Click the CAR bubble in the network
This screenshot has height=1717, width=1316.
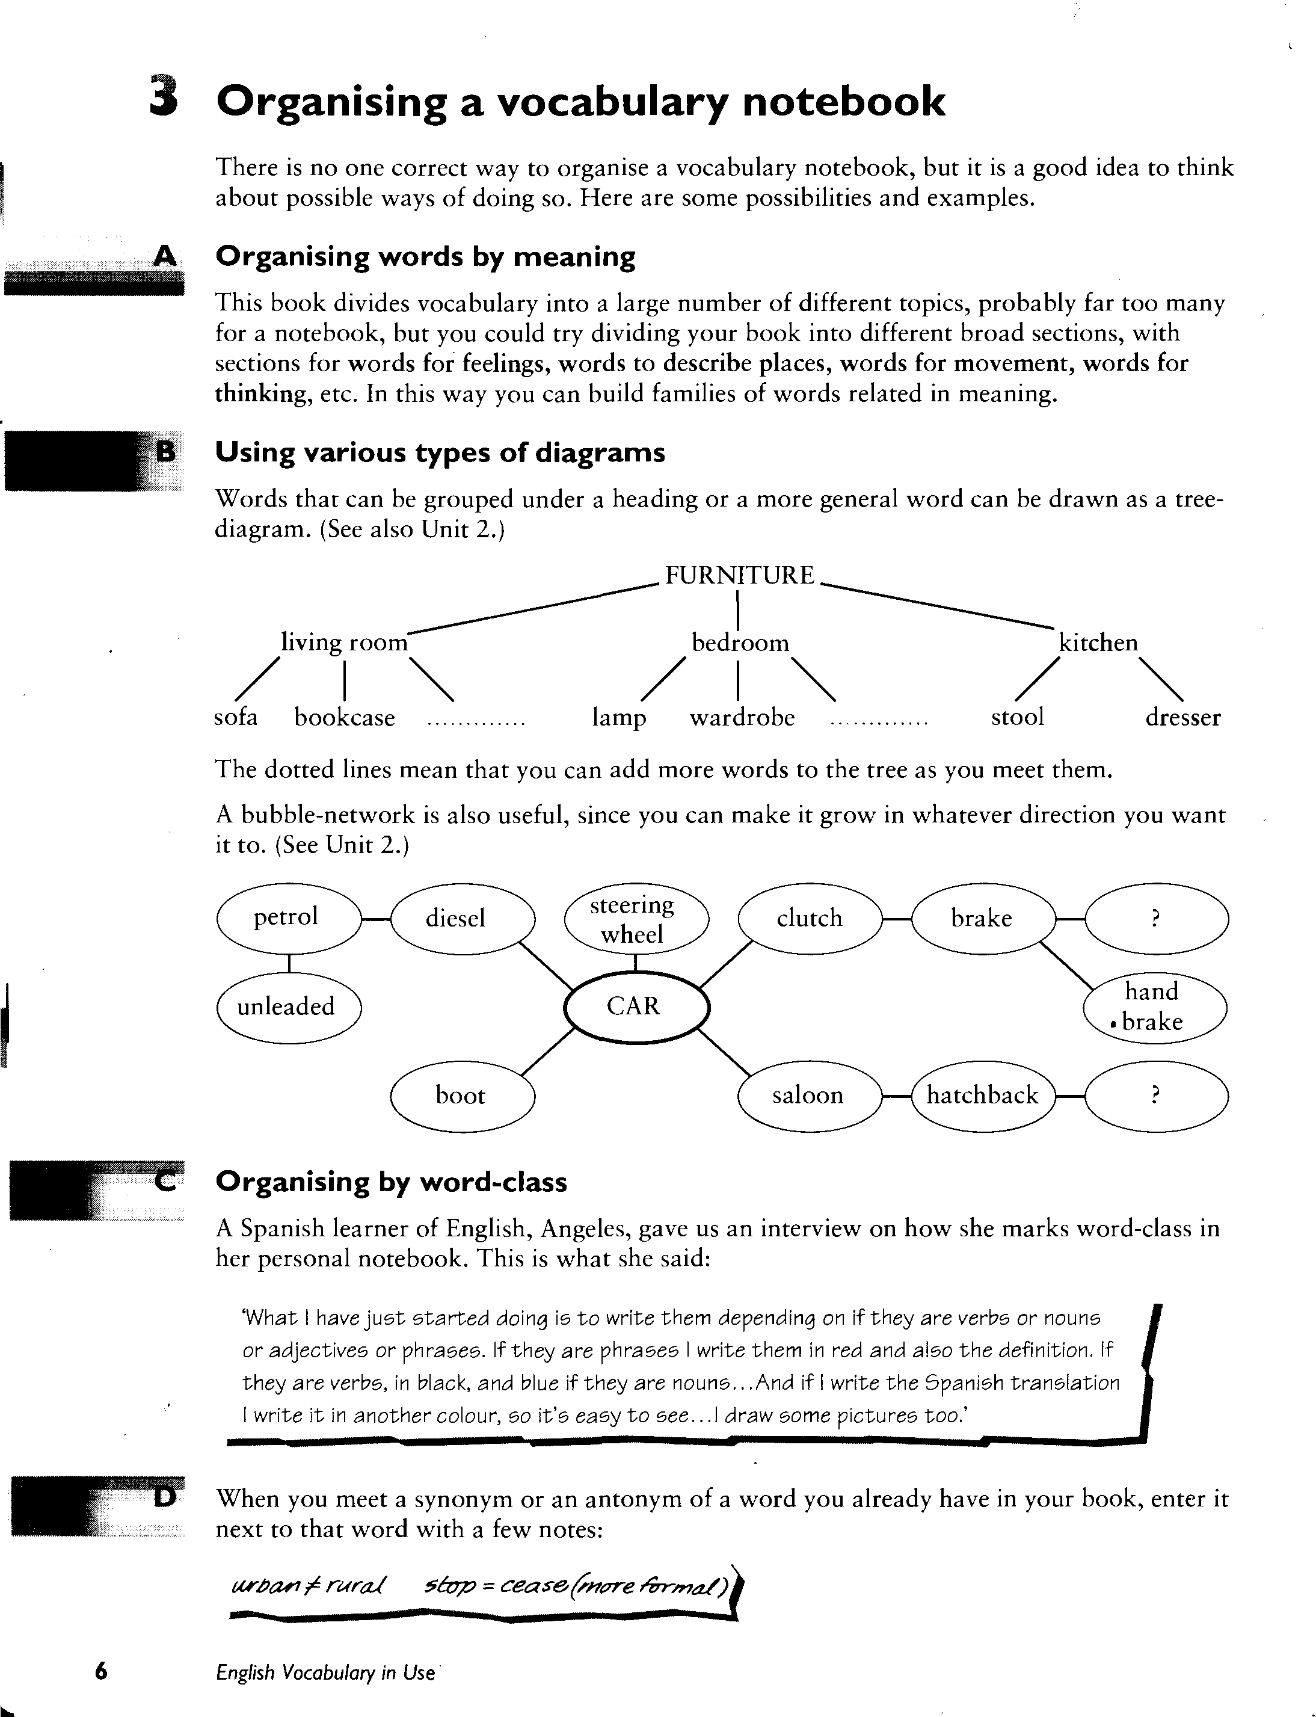pyautogui.click(x=635, y=1006)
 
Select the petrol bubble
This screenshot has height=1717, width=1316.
pyautogui.click(x=287, y=917)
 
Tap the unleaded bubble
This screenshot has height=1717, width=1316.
pyautogui.click(x=287, y=1006)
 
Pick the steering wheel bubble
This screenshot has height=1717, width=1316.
pyautogui.click(x=635, y=919)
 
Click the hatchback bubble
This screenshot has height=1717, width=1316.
pyautogui.click(x=982, y=1095)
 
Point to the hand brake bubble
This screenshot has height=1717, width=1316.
pyautogui.click(x=1154, y=1007)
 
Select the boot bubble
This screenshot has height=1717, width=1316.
pyautogui.click(x=461, y=1095)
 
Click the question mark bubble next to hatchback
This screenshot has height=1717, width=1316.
pyautogui.click(x=1155, y=1095)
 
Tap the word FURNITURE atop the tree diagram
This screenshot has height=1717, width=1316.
pyautogui.click(x=739, y=576)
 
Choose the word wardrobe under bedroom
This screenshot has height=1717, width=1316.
pyautogui.click(x=742, y=718)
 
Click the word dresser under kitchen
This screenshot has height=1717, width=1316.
pyautogui.click(x=1182, y=718)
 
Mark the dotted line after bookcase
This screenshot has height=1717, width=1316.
pyautogui.click(x=476, y=724)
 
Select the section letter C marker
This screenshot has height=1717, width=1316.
pyautogui.click(x=165, y=1180)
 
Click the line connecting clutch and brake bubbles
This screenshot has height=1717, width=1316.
pyautogui.click(x=896, y=919)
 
